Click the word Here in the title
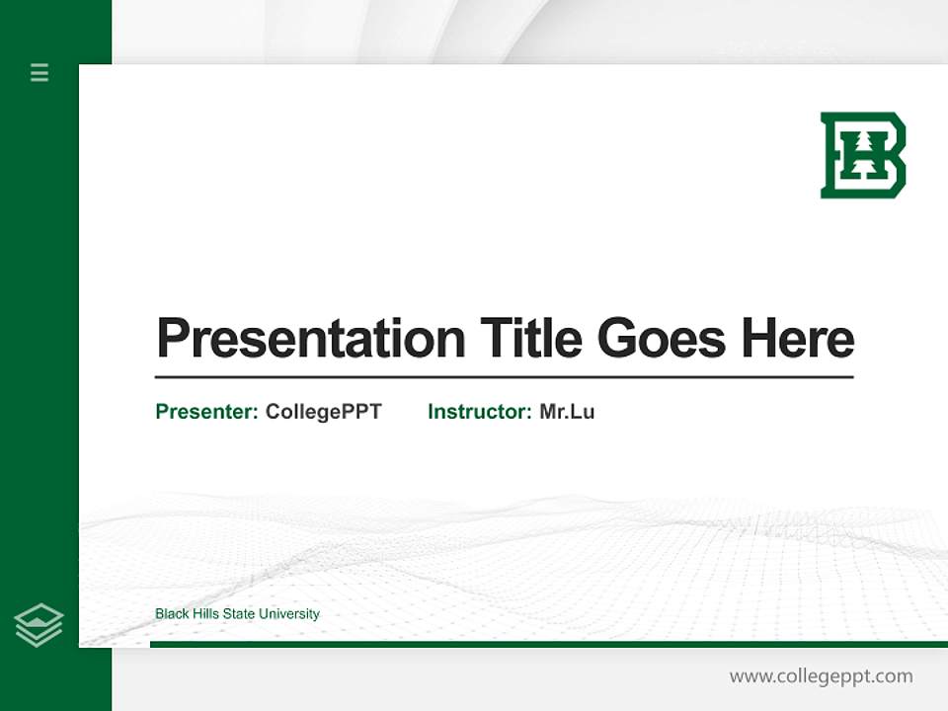798,339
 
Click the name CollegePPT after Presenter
323,412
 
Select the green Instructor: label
480,412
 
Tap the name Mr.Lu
567,412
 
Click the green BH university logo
863,155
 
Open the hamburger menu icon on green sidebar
39,72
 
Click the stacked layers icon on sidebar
39,625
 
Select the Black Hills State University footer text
237,614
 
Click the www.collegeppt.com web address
821,676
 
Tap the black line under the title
504,377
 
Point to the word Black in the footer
171,614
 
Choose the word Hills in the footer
204,614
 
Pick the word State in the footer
238,614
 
